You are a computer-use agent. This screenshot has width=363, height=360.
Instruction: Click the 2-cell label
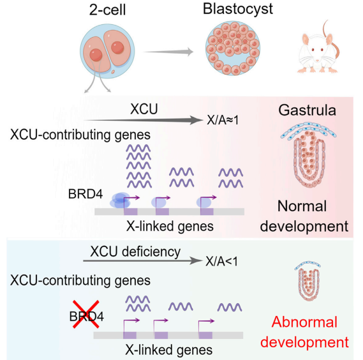click(107, 10)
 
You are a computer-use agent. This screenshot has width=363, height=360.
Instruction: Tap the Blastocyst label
click(238, 10)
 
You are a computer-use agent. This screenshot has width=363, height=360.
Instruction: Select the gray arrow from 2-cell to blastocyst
click(168, 52)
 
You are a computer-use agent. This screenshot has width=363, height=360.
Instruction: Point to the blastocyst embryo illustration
click(233, 48)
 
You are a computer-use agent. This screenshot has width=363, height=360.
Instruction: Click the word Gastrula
click(307, 110)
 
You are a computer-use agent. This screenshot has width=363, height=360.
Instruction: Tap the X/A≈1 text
click(223, 120)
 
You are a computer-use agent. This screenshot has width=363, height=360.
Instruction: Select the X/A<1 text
click(221, 262)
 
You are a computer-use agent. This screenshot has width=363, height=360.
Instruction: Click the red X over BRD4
click(86, 314)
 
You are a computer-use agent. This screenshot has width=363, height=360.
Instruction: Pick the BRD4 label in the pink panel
click(85, 194)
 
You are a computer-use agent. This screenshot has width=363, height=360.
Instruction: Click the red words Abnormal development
click(304, 332)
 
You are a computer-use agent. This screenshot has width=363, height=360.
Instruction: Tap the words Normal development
click(304, 216)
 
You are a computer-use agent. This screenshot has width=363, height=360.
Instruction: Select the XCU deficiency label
click(135, 252)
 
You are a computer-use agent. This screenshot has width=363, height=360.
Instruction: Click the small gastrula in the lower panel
click(308, 281)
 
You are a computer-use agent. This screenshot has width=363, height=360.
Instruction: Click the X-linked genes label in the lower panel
click(169, 350)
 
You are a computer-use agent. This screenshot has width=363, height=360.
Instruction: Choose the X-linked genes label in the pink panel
click(170, 227)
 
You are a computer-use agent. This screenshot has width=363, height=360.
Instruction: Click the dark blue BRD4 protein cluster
click(120, 200)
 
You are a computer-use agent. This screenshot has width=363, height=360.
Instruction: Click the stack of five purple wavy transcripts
click(139, 167)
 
